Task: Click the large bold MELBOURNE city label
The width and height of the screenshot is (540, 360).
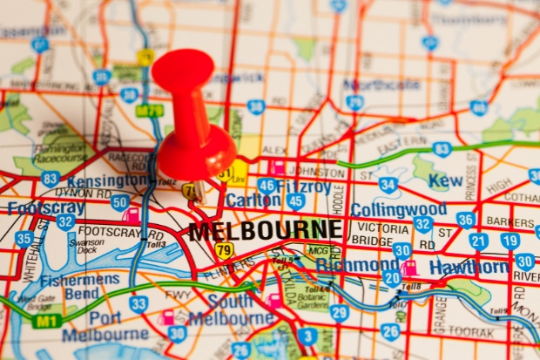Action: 265,231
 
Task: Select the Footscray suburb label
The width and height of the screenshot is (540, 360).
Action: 46,208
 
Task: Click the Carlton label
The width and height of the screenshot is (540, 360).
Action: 253,200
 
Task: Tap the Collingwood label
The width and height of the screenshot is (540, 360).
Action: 398,210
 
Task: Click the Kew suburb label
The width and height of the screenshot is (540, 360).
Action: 446,180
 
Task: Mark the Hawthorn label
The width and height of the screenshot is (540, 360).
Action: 468,268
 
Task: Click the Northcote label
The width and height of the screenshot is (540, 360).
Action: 381,85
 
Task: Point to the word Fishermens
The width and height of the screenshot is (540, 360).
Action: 80,280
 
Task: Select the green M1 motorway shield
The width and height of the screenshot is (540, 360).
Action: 47,321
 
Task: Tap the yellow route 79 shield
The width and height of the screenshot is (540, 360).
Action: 225,251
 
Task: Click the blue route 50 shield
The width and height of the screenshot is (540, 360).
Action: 119,203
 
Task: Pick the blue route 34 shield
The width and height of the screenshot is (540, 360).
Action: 388,185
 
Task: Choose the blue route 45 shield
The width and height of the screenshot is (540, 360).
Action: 296,202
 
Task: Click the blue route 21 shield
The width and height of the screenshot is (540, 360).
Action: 478,241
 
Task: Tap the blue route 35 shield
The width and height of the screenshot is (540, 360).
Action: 24,238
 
